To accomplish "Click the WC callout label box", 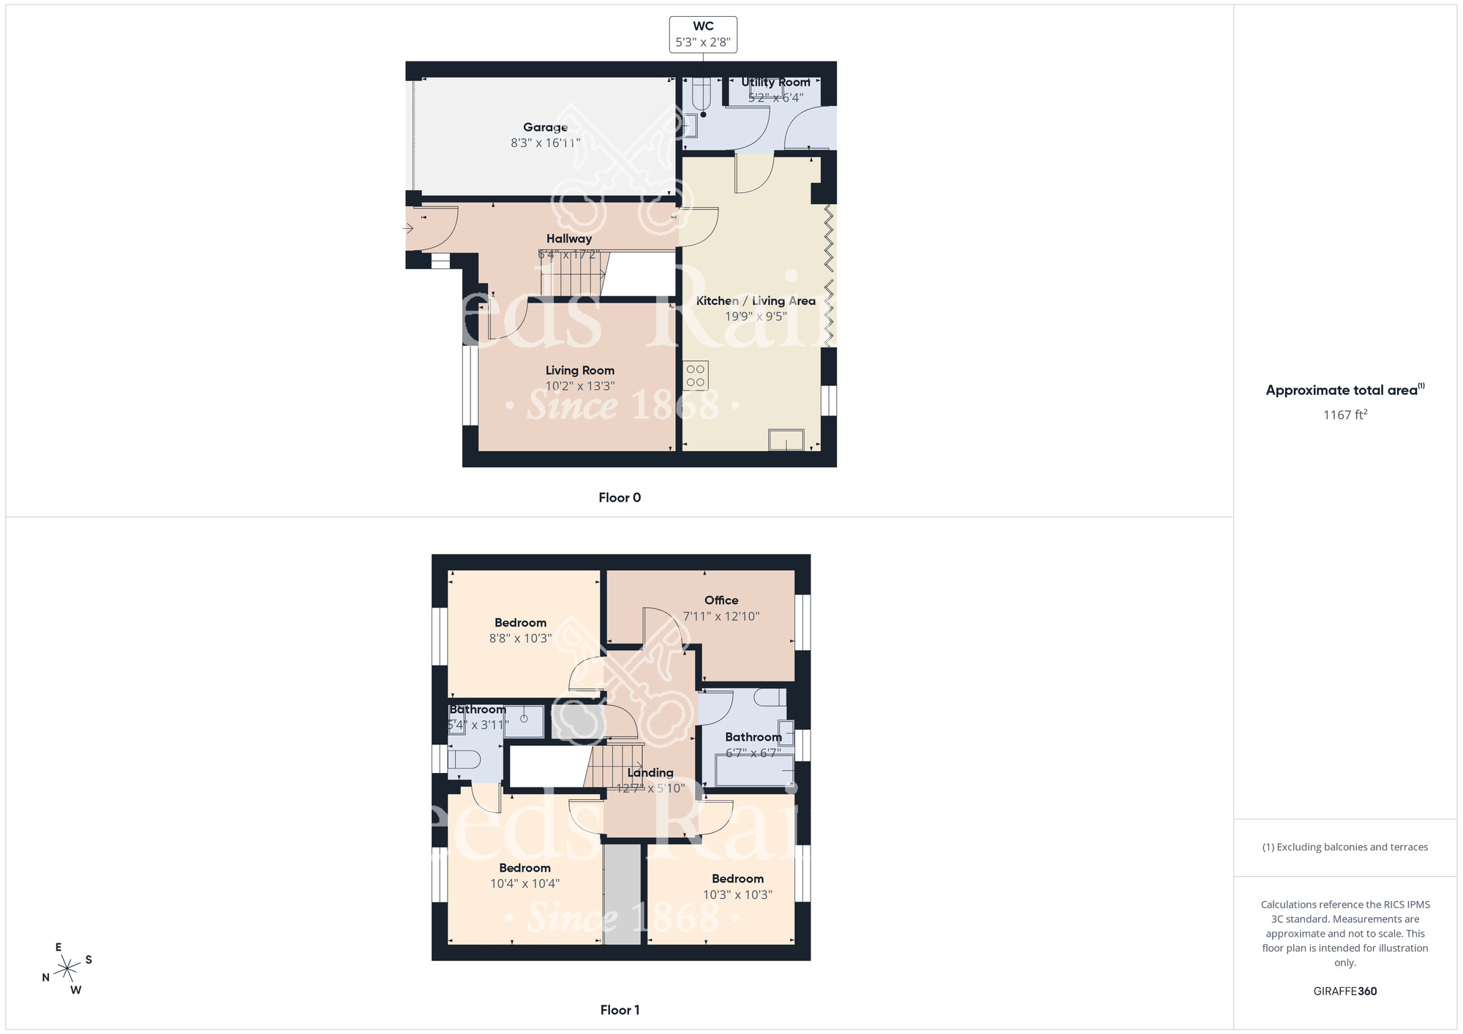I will click(x=703, y=34).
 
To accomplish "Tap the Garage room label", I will click(x=545, y=127).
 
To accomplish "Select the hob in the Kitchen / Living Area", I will click(x=696, y=376).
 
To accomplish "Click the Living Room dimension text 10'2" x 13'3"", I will click(x=580, y=386).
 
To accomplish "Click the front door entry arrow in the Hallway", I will click(x=409, y=229).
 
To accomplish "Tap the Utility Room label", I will click(x=775, y=83).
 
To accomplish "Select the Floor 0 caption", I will click(x=620, y=498).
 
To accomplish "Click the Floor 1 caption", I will click(x=620, y=1010).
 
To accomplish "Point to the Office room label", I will click(x=721, y=600).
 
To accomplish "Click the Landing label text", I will click(x=650, y=773).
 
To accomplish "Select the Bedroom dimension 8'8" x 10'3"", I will click(x=520, y=638).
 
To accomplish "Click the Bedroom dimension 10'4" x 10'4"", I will click(x=524, y=883).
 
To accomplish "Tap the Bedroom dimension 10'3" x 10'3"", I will click(x=737, y=894).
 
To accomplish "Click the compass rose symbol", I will click(x=67, y=969).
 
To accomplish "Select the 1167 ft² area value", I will click(x=1344, y=415).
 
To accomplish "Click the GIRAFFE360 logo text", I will click(x=1344, y=992).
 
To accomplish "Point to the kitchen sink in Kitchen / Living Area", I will click(x=786, y=439).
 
